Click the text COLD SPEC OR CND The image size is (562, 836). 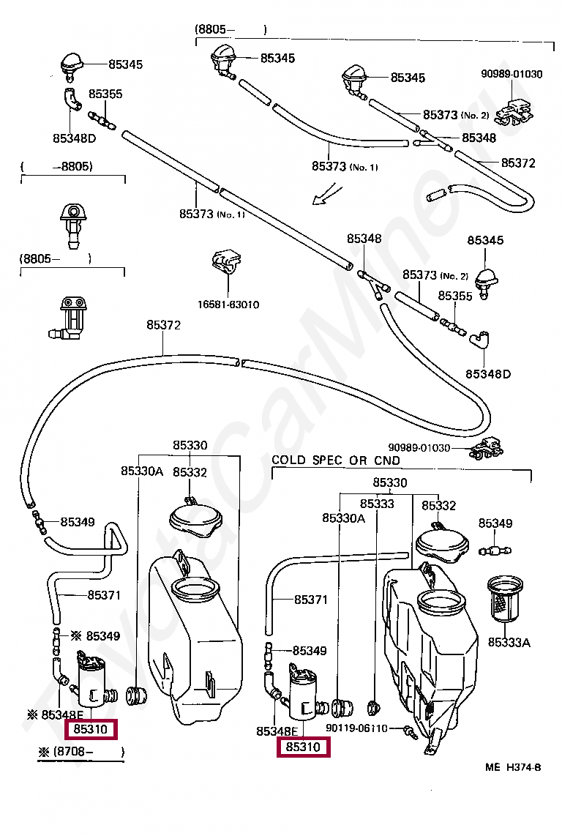tap(336, 460)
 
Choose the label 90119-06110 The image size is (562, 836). tap(359, 728)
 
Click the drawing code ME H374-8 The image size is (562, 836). tap(512, 767)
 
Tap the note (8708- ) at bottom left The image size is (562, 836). tap(80, 752)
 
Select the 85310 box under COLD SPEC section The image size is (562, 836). tap(303, 747)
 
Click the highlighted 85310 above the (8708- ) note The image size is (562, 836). tap(91, 729)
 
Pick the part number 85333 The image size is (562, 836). tap(376, 504)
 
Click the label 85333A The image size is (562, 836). tap(509, 642)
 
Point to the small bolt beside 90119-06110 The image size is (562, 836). tap(408, 730)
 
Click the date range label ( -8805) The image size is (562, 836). tap(57, 167)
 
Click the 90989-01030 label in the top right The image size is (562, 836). tap(512, 74)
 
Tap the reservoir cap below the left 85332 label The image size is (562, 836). tap(194, 516)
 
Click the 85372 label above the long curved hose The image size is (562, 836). tap(163, 325)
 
